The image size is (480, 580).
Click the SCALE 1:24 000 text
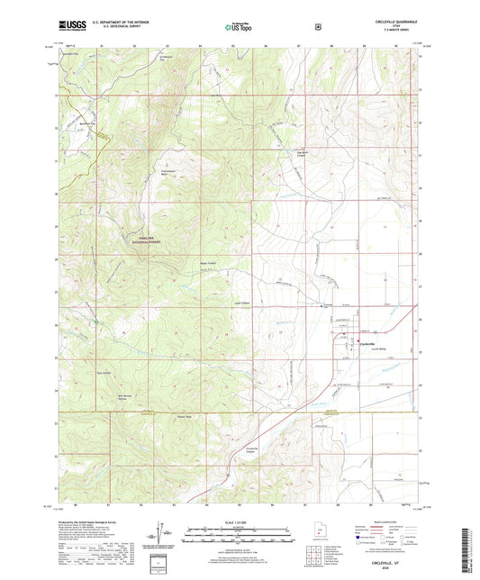point(240,523)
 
